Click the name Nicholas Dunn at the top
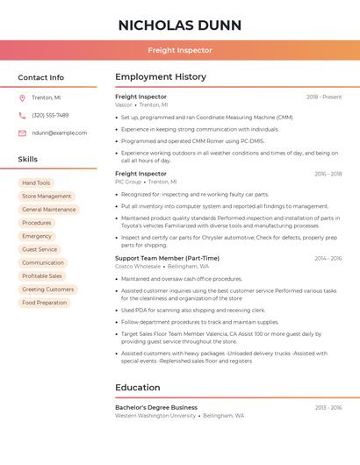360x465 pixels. pos(180,25)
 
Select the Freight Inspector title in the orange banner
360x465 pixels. pos(180,50)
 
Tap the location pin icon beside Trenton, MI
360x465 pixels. pos(22,97)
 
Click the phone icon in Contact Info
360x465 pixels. pos(22,115)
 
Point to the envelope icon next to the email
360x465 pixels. pos(22,132)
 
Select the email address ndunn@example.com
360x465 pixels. pos(59,132)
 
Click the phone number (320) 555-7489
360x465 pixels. pos(50,115)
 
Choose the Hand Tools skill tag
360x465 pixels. pos(36,182)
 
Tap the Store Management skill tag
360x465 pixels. pos(47,197)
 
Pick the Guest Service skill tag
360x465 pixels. pos(40,249)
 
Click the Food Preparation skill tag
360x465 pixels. pos(45,303)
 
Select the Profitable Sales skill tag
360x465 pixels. pos(42,275)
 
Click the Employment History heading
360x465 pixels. pos(160,77)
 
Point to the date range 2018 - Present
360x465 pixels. pos(324,97)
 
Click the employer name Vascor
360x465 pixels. pos(124,104)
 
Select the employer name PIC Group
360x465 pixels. pos(128,182)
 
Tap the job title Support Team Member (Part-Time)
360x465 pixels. pos(167,258)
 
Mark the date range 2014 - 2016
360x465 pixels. pos(328,258)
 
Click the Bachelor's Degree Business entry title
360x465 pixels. pos(156,407)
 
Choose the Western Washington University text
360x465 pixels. pos(155,415)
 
